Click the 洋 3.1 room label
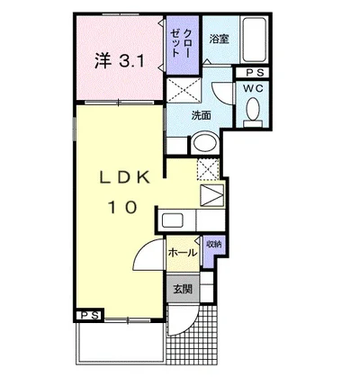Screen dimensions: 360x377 tap(120, 61)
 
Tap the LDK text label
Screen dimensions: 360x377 tap(124, 178)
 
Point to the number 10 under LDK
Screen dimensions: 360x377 tap(122, 207)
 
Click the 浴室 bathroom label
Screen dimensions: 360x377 tap(219, 39)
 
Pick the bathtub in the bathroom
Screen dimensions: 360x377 tap(255, 40)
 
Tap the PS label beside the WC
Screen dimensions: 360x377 tap(255, 72)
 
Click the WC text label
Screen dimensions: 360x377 tap(253, 88)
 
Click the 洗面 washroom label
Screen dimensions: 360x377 tap(201, 115)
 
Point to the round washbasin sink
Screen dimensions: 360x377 tap(205, 143)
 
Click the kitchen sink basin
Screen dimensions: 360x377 tap(173, 220)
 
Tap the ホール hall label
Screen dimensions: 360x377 tap(183, 253)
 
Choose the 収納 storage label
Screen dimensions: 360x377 tap(213, 244)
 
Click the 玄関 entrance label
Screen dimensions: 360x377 tap(183, 289)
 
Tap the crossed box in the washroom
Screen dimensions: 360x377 tap(184, 90)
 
